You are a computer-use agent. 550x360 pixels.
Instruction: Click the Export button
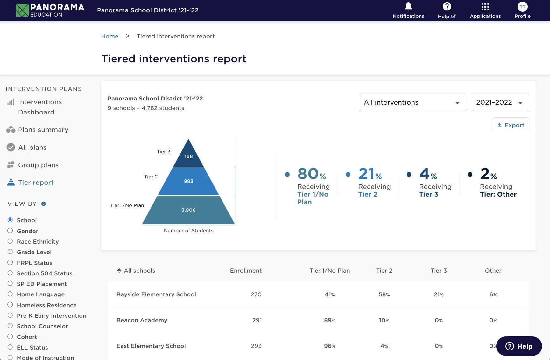511,125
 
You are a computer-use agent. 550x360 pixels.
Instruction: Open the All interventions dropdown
413,102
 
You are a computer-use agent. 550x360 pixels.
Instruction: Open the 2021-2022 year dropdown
501,102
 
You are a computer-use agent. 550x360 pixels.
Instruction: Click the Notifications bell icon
408,7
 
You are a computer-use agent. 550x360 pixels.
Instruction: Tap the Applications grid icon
485,7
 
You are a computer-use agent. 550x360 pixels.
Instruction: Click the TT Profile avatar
522,7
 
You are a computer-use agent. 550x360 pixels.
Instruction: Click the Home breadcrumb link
109,36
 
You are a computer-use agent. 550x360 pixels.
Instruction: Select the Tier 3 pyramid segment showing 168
188,156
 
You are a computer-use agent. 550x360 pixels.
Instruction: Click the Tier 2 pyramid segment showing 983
188,181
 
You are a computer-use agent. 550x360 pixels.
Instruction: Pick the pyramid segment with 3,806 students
188,210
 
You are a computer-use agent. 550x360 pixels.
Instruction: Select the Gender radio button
10,231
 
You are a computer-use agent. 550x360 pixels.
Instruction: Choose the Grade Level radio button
10,252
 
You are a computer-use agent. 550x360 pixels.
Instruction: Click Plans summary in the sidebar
43,130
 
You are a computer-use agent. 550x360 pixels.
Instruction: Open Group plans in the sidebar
38,165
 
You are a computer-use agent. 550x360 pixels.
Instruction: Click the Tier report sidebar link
36,183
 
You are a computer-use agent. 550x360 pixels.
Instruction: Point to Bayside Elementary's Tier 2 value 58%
384,294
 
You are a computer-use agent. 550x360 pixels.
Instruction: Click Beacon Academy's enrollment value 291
257,320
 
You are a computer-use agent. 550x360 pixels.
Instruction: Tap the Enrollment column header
246,271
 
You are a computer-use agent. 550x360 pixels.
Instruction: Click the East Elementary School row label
151,346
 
